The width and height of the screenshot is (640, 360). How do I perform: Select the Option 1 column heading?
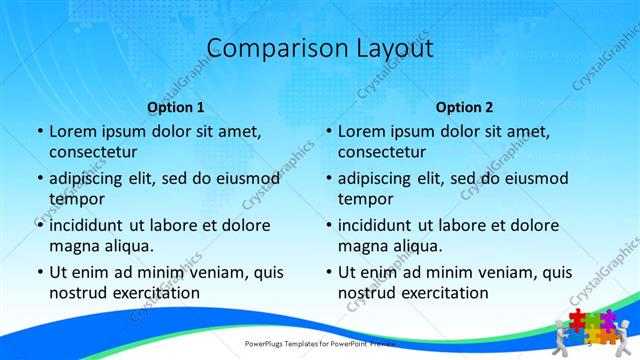(176, 107)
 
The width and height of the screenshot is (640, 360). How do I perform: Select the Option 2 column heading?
(464, 107)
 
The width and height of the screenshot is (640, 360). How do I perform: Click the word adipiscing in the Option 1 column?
(94, 178)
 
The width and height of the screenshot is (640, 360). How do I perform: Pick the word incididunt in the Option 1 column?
(94, 225)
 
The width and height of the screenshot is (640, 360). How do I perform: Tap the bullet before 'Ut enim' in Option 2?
(329, 272)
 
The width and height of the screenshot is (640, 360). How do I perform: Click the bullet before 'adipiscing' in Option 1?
(40, 178)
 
